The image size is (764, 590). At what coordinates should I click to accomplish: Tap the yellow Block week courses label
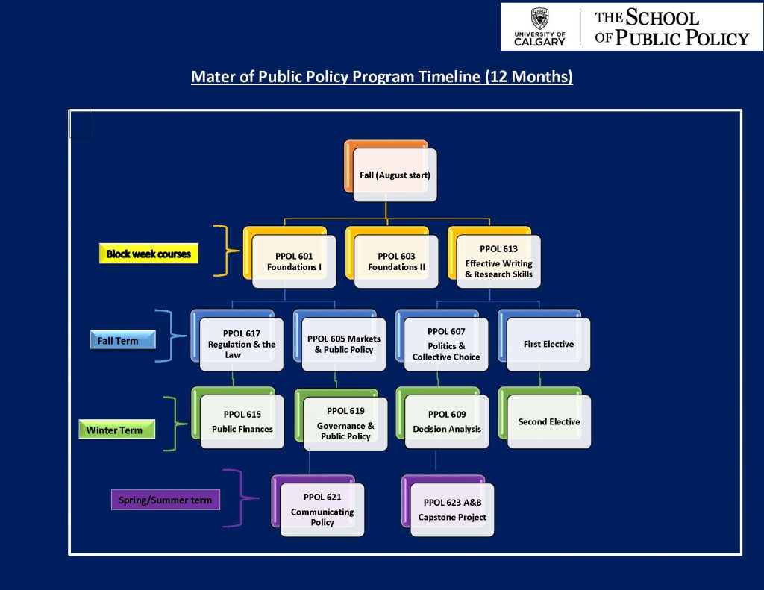pos(148,254)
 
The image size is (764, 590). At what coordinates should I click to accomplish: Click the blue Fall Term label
pos(123,340)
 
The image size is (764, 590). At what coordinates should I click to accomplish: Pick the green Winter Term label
pos(117,430)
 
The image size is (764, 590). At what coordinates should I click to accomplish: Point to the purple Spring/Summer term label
pos(166,500)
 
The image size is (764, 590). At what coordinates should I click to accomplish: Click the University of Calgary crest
pos(539,19)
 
